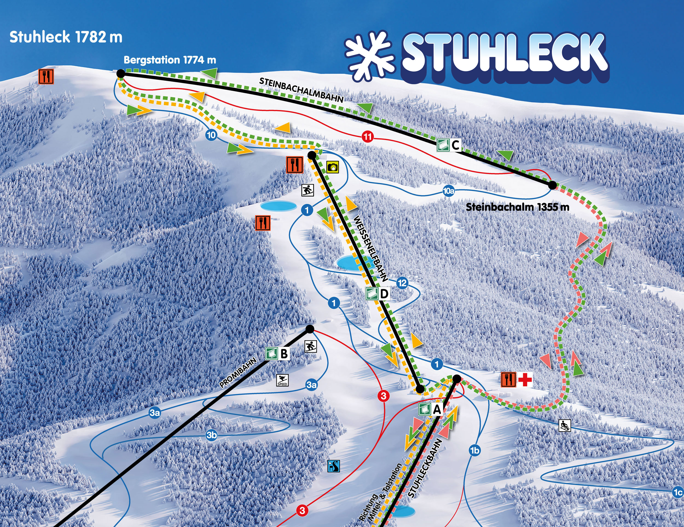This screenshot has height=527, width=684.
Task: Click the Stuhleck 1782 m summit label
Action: tap(66, 37)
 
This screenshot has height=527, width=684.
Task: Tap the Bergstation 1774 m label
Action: tap(170, 60)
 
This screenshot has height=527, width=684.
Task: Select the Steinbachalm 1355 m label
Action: tap(517, 207)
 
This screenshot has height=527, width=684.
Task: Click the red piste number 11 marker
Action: tap(367, 137)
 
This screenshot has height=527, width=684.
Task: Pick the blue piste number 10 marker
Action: tap(211, 135)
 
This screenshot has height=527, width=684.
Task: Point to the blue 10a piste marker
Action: tap(448, 191)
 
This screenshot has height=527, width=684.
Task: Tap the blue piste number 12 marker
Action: tap(402, 283)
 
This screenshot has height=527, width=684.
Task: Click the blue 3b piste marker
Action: tap(211, 435)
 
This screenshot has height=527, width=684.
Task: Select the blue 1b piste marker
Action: tap(474, 451)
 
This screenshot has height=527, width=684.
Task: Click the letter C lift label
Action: tap(455, 145)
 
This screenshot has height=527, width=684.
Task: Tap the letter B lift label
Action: tap(284, 354)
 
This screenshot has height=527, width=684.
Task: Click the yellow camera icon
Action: tap(333, 167)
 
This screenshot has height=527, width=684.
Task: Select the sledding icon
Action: tap(565, 425)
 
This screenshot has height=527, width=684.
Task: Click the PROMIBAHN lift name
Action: tap(238, 373)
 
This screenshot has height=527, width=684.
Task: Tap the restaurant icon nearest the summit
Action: tap(46, 76)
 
